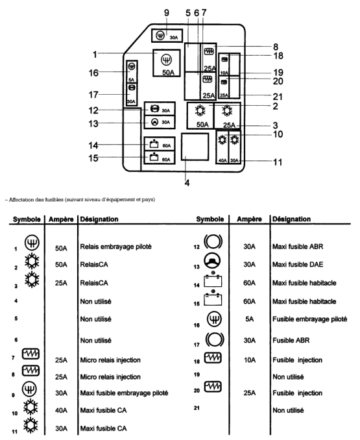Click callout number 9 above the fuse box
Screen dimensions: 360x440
tap(167, 12)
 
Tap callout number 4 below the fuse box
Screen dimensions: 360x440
tap(187, 183)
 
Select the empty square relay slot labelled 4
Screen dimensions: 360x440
tap(195, 147)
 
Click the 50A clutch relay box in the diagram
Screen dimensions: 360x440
tap(167, 63)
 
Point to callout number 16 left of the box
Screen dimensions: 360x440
tap(93, 73)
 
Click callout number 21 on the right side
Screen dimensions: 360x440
tap(278, 97)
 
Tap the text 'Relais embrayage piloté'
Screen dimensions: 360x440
tap(116, 247)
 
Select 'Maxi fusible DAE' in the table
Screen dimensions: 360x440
tap(298, 264)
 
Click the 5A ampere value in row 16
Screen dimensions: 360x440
tap(249, 319)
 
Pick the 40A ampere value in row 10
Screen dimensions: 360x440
tap(61, 411)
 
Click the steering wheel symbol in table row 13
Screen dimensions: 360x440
tap(213, 261)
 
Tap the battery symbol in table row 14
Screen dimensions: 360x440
tap(213, 279)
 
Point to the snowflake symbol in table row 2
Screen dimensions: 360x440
tap(32, 262)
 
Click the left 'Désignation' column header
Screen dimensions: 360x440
tap(99, 219)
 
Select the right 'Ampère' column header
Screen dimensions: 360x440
tap(249, 219)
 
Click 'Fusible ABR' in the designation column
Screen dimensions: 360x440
tap(291, 340)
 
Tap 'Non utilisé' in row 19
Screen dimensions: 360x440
tap(288, 377)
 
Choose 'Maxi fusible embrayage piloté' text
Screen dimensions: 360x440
tap(124, 393)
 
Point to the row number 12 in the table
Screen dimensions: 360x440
tap(197, 247)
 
